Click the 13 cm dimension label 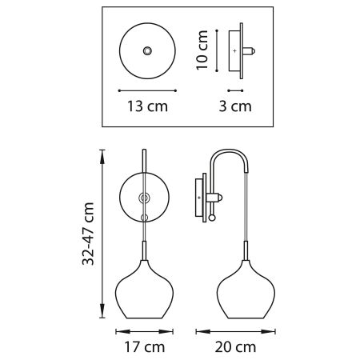[x=147, y=106]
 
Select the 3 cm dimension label [x=237, y=106]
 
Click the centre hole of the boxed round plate [x=147, y=50]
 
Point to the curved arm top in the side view [x=232, y=154]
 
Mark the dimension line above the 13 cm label [x=147, y=90]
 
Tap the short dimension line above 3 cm [x=235, y=89]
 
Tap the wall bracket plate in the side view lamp [x=199, y=196]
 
